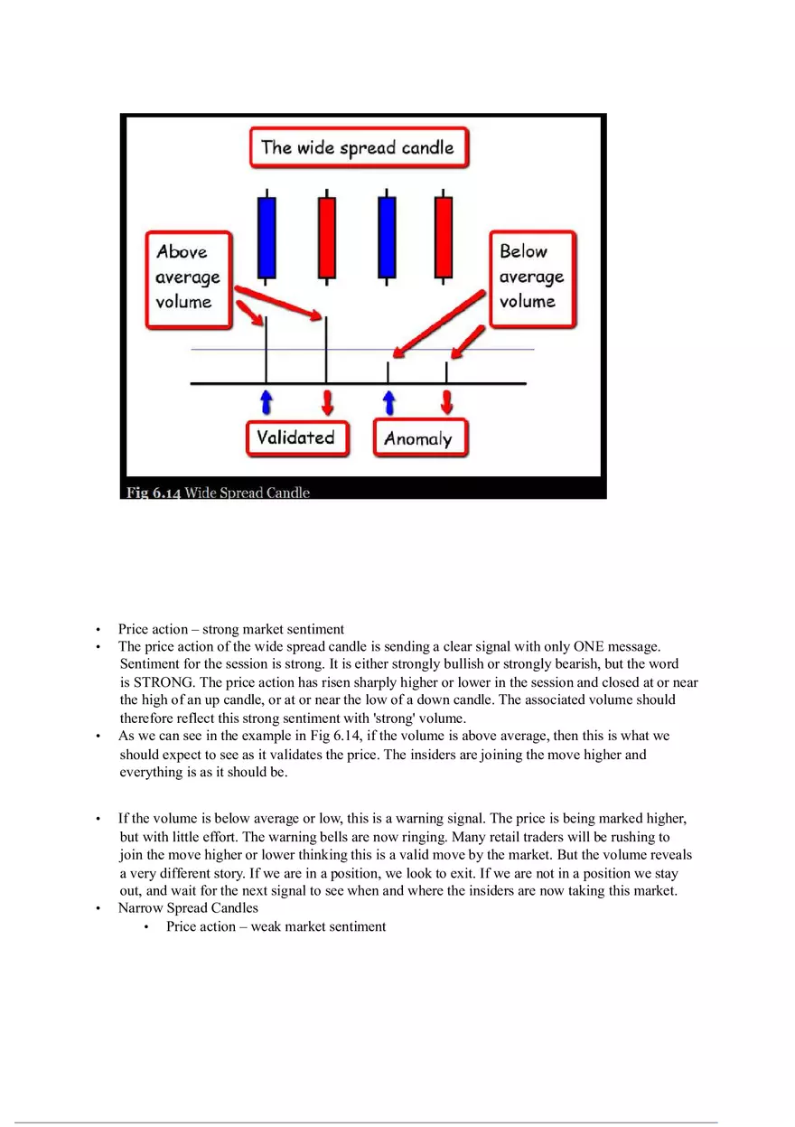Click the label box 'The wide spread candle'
(x=359, y=147)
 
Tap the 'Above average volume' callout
(x=188, y=277)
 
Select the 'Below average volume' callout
(x=532, y=277)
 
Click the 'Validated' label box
(x=296, y=438)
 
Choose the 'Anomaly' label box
(x=419, y=439)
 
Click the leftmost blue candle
(x=267, y=237)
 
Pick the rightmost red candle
(x=444, y=237)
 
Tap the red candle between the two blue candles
(x=326, y=237)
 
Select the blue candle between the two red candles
(x=387, y=237)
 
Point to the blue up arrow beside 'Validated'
(x=267, y=402)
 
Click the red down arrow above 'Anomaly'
(x=446, y=402)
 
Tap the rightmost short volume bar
(x=446, y=372)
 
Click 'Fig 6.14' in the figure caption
(x=154, y=493)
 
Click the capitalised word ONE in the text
(x=588, y=646)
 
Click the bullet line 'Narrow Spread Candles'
(x=188, y=908)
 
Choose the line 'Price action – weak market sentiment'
(x=276, y=926)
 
